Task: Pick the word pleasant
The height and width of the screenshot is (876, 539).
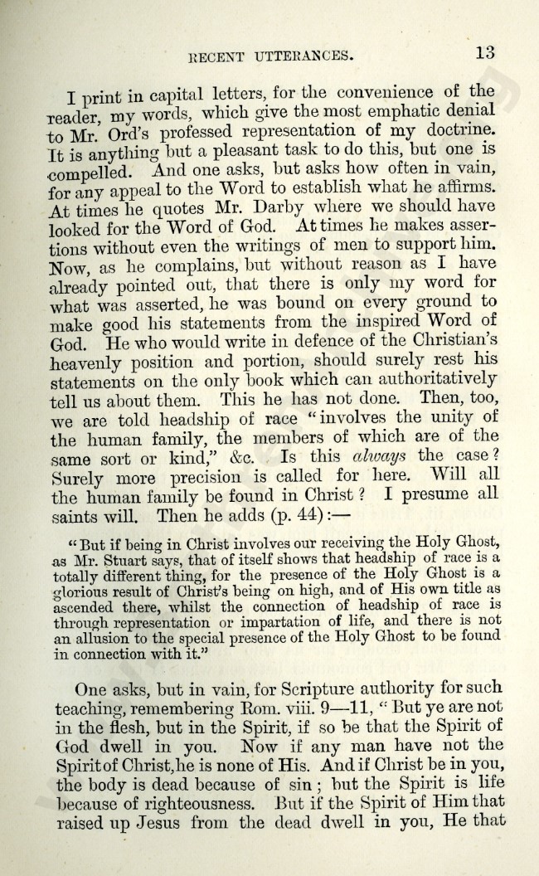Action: click(x=221, y=153)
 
